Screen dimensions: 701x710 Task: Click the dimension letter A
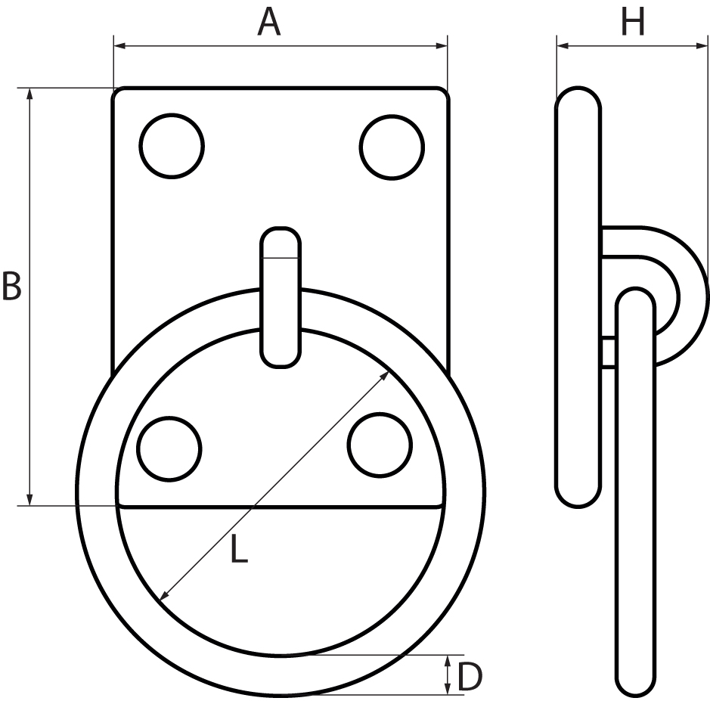point(268,23)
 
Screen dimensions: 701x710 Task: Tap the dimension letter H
point(632,23)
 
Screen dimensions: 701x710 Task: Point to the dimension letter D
point(470,678)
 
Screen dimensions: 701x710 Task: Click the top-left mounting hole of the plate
point(172,146)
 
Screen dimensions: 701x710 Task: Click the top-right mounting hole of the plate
point(392,147)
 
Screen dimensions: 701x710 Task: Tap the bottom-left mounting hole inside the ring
point(169,449)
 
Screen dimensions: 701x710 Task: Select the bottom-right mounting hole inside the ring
point(381,449)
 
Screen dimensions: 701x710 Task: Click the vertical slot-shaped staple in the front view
point(281,297)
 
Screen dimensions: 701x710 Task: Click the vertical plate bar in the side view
point(578,296)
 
